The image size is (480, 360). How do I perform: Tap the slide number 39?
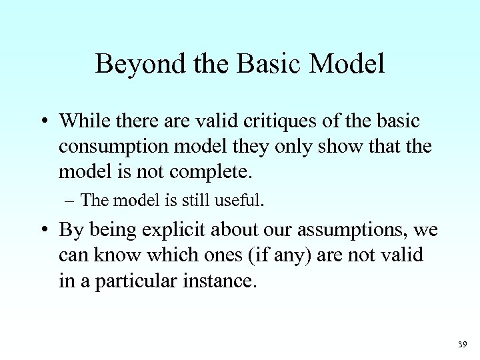pyautogui.click(x=463, y=344)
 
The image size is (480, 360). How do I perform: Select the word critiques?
pyautogui.click(x=282, y=121)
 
